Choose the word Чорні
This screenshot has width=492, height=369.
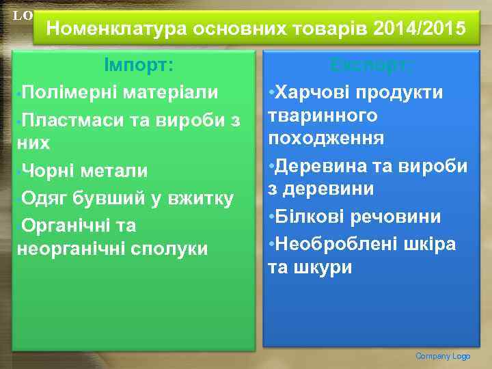[x=49, y=171]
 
